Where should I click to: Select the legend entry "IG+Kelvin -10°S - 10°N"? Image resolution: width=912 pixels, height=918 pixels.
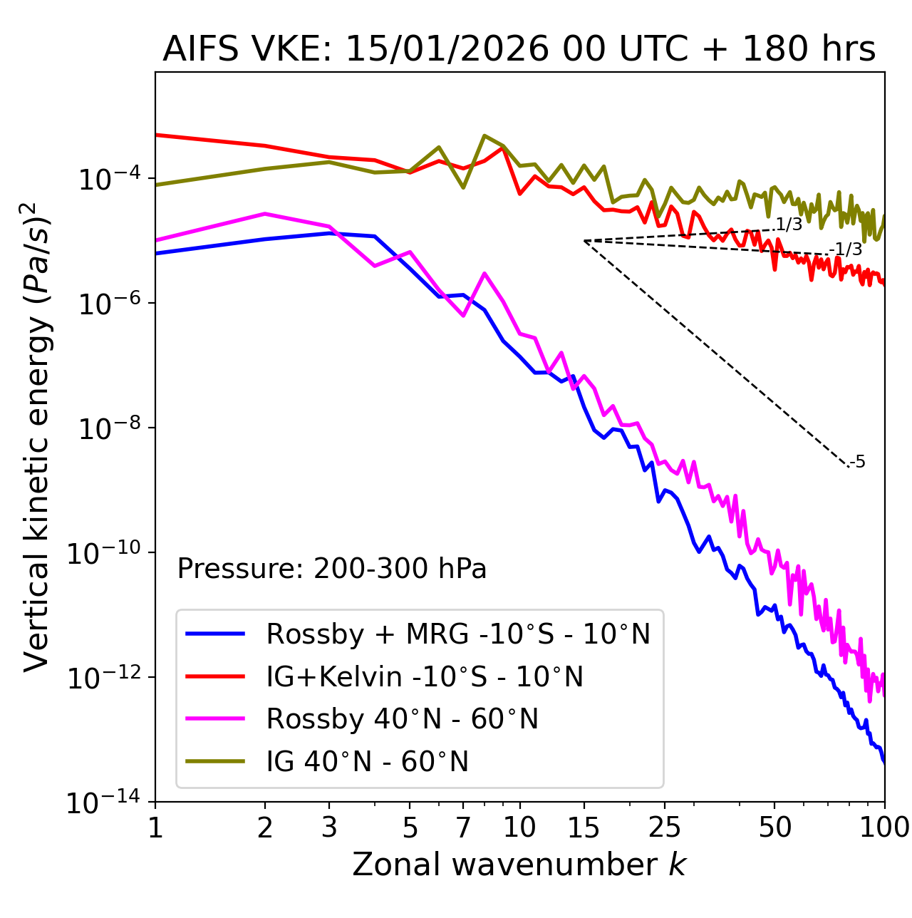pyautogui.click(x=425, y=677)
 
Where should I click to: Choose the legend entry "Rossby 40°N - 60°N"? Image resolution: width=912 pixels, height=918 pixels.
pyautogui.click(x=402, y=719)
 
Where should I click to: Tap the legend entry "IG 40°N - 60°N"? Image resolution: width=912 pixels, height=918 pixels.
pyautogui.click(x=367, y=762)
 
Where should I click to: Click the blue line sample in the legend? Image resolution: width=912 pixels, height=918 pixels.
pyautogui.click(x=215, y=634)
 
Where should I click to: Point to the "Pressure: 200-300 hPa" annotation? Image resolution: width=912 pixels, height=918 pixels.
pyautogui.click(x=332, y=569)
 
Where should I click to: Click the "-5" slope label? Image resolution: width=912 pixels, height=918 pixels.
pyautogui.click(x=858, y=463)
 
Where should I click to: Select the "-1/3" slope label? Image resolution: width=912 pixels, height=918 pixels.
pyautogui.click(x=848, y=249)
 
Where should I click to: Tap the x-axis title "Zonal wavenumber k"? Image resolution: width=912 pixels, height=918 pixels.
pyautogui.click(x=519, y=865)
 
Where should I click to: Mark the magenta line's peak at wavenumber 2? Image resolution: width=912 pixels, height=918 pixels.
pyautogui.click(x=265, y=214)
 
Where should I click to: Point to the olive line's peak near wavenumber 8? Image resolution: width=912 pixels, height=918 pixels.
pyautogui.click(x=484, y=135)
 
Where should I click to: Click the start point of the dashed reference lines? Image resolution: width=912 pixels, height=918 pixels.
pyautogui.click(x=584, y=241)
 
